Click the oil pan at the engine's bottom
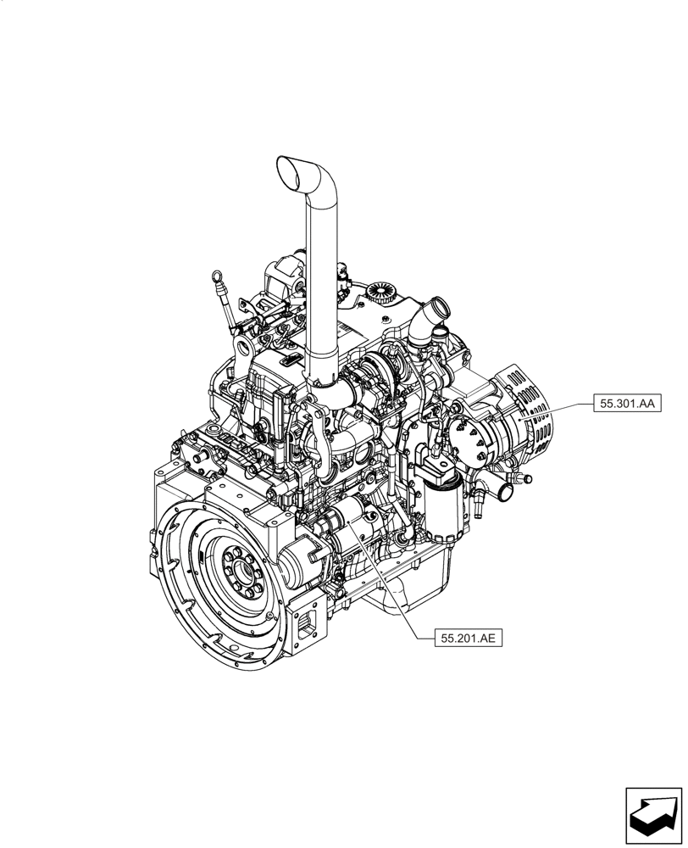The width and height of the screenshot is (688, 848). [x=415, y=589]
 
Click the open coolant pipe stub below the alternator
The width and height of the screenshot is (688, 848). [x=506, y=491]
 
